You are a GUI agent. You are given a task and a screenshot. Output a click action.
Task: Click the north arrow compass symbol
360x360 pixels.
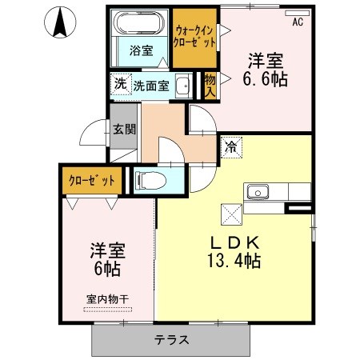pyautogui.click(x=60, y=22)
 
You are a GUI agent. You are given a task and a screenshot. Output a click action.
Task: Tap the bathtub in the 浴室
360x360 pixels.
pyautogui.click(x=139, y=22)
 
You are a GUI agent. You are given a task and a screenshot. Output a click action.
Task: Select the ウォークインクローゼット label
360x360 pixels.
pyautogui.click(x=194, y=37)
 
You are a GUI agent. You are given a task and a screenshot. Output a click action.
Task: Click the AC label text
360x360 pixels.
pyautogui.click(x=298, y=22)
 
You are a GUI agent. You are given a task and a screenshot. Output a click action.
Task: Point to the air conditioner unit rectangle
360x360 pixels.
pyautogui.click(x=297, y=13)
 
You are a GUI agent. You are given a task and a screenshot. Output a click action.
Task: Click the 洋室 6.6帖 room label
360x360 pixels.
pyautogui.click(x=266, y=70)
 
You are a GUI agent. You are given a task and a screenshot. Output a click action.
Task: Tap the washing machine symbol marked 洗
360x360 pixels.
pyautogui.click(x=121, y=84)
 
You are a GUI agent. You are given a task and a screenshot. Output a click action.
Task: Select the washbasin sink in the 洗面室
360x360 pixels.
pyautogui.click(x=183, y=86)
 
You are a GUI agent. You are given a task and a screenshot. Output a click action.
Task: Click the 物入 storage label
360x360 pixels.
pyautogui.click(x=210, y=86)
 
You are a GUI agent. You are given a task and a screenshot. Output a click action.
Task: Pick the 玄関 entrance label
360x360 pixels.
pyautogui.click(x=124, y=130)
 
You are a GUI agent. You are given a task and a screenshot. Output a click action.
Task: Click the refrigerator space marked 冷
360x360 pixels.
pyautogui.click(x=231, y=147)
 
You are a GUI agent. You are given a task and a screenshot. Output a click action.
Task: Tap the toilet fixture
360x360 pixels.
pyautogui.click(x=150, y=180)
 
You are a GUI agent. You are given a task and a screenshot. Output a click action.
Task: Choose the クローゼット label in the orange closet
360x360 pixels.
pyautogui.click(x=92, y=181)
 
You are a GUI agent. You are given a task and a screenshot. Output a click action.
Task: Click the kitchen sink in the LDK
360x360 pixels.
pyautogui.click(x=258, y=192)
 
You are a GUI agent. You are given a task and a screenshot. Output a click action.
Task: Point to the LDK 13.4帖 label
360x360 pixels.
pyautogui.click(x=234, y=252)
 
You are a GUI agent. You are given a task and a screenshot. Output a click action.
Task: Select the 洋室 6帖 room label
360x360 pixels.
pyautogui.click(x=107, y=259)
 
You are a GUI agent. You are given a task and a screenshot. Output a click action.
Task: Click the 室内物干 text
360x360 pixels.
pyautogui.click(x=107, y=299)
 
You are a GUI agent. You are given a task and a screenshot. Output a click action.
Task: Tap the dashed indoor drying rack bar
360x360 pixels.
pyautogui.click(x=107, y=310)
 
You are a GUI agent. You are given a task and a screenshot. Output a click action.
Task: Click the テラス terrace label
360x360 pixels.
pyautogui.click(x=171, y=340)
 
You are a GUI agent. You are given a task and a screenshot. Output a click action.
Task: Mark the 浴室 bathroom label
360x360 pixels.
pyautogui.click(x=142, y=50)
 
